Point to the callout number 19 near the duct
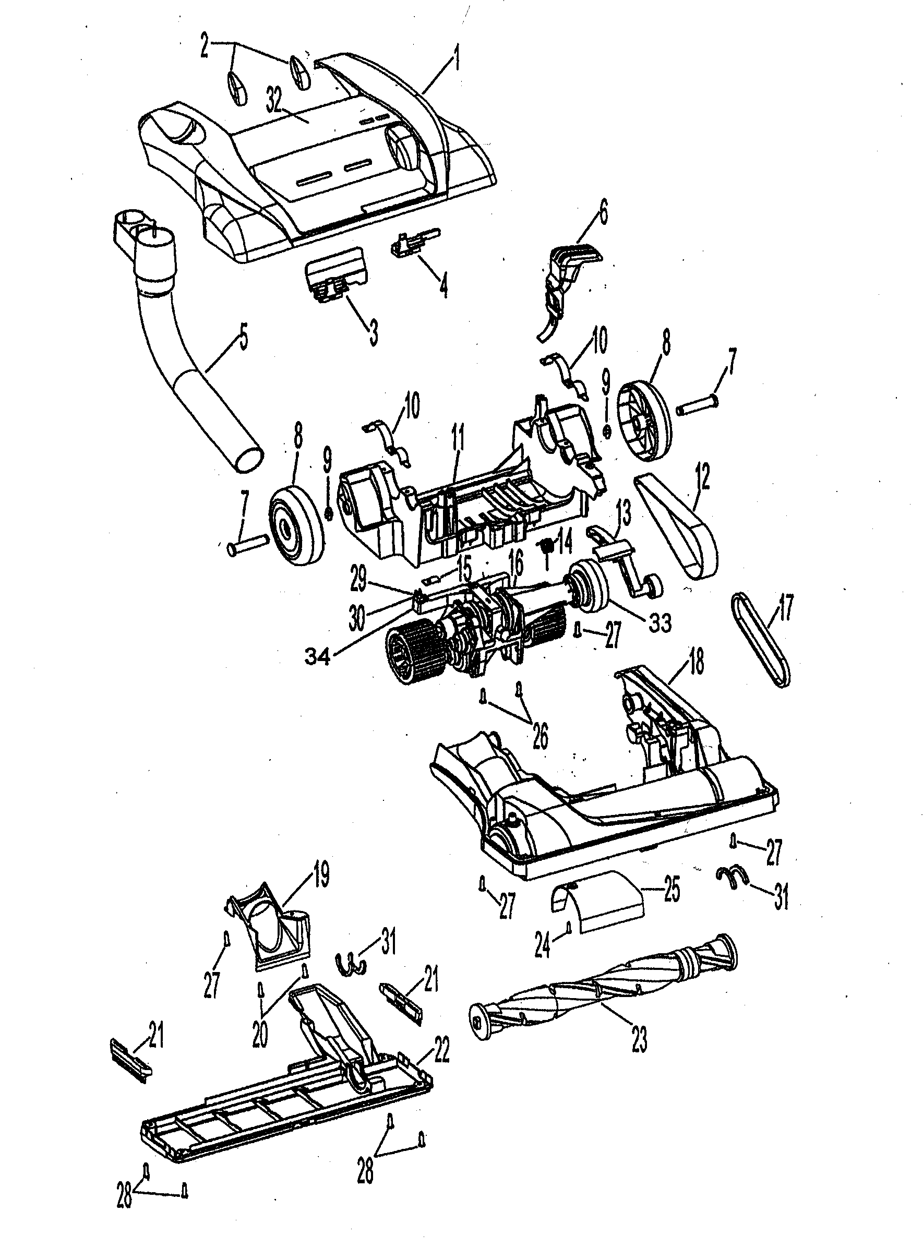click(320, 875)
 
